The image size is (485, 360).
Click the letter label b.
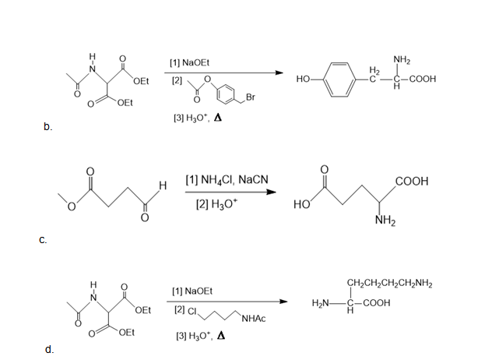pos(48,126)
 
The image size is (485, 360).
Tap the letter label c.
pos(43,240)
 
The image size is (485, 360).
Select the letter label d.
pos(49,349)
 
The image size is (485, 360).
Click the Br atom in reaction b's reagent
pos(251,97)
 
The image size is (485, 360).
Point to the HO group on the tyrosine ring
pos(303,79)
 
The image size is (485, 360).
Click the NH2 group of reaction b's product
pos(402,59)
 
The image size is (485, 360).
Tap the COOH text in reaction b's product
pos(423,79)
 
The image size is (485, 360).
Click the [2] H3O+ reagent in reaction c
pos(217,203)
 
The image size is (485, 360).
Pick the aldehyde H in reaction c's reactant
pos(163,185)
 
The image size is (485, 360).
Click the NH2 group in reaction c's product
pos(385,221)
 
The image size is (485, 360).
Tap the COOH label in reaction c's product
pos(412,181)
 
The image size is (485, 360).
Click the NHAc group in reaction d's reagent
pos(254,319)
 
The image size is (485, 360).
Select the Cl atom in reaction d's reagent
pos(192,311)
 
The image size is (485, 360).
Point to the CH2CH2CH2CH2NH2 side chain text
pos(390,283)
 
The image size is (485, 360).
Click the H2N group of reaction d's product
pos(320,303)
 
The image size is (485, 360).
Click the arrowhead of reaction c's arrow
pos(271,192)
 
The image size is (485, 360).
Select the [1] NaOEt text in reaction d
pos(192,291)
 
